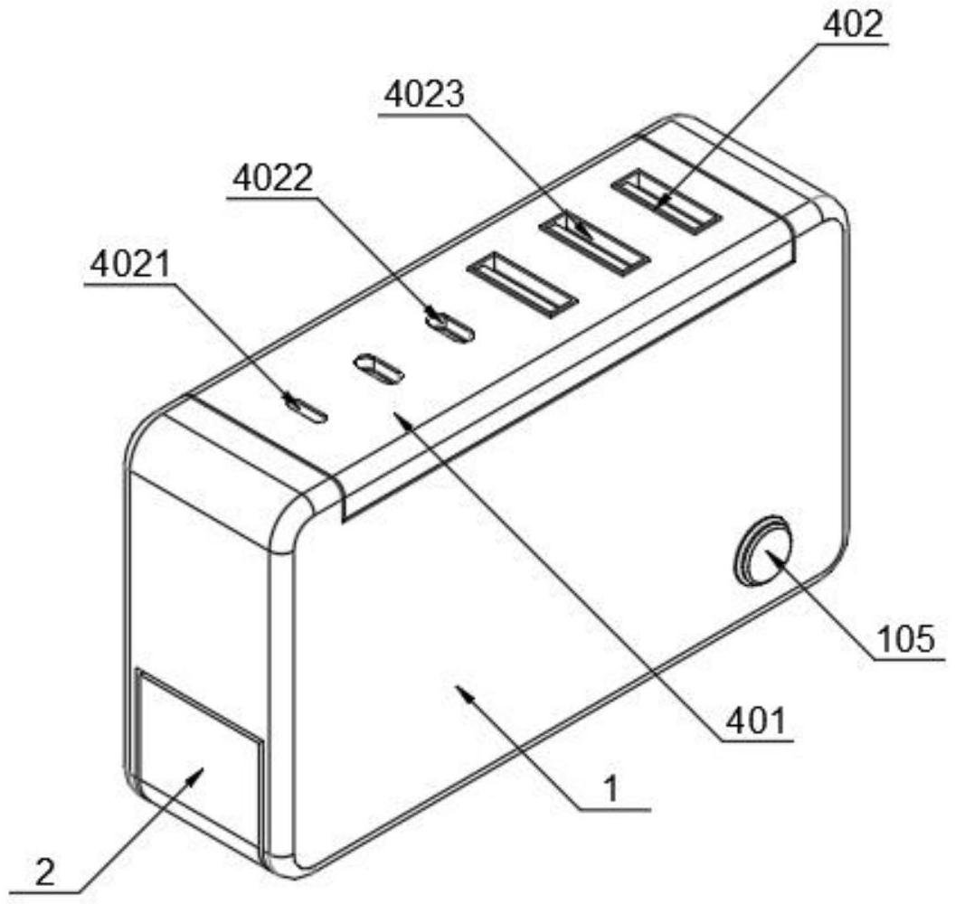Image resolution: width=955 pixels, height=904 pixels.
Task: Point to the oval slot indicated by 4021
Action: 304,409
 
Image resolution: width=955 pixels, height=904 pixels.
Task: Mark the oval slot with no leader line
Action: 378,368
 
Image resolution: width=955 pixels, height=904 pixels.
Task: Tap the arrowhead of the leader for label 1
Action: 459,690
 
